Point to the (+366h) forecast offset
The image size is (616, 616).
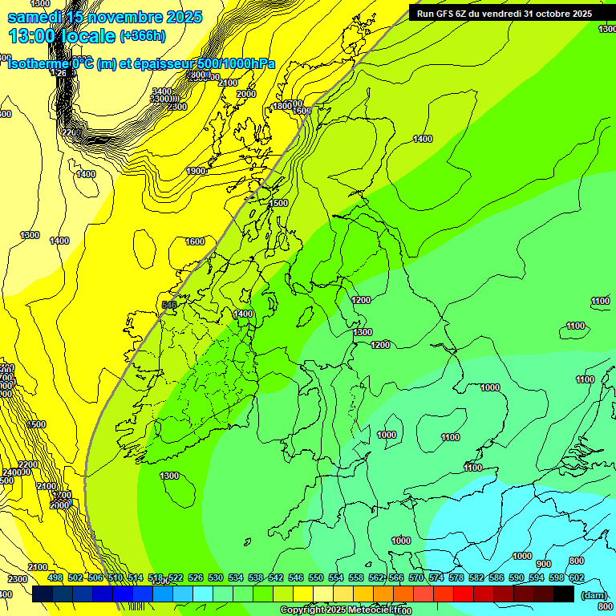(143, 35)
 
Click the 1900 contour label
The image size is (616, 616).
(197, 171)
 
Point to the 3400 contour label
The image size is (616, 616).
(162, 92)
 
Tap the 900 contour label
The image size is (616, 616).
(544, 564)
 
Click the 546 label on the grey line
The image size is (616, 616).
(168, 305)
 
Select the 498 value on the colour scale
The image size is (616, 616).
(55, 577)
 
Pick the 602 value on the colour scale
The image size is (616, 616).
(576, 577)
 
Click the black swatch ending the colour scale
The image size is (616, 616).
(564, 594)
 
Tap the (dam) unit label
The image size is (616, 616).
(594, 595)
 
